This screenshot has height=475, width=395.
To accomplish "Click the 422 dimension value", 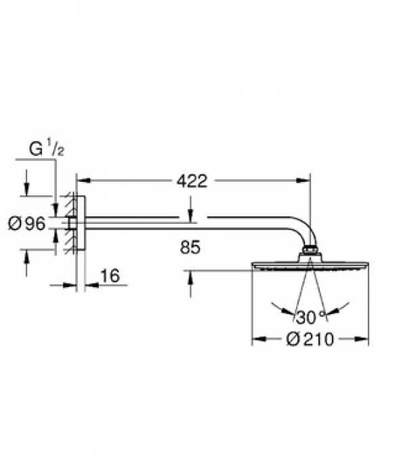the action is click(192, 181).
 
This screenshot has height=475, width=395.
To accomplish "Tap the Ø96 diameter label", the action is click(26, 224).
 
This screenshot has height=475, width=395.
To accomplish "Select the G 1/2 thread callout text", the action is click(47, 149).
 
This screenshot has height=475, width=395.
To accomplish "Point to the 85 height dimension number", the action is click(190, 247).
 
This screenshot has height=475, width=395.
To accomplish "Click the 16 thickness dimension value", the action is click(110, 276).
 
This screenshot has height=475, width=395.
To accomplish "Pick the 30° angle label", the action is click(310, 317).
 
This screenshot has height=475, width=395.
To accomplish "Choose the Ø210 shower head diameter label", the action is click(310, 339).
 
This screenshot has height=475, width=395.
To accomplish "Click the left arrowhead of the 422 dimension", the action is click(84, 180).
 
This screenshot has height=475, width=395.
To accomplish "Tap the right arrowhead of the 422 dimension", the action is click(304, 180).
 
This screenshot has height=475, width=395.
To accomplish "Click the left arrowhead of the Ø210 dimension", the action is click(259, 339).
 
